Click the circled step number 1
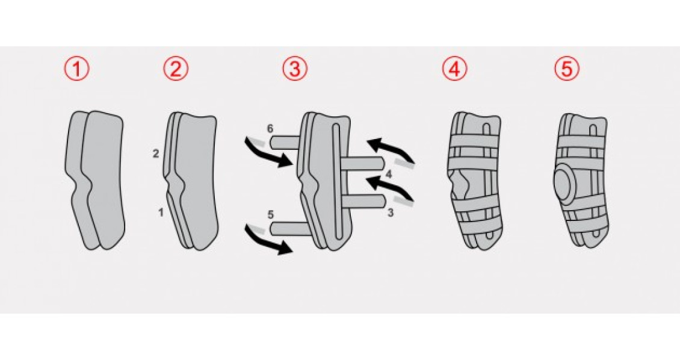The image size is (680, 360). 77,69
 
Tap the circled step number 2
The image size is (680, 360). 176,69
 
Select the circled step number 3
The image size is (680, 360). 295,69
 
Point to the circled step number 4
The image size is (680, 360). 455,69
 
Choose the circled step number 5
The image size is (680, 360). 567,69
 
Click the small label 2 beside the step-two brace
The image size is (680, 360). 156,154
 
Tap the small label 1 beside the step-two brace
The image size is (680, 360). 161,213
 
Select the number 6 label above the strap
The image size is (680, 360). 270,129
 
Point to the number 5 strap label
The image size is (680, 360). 271,215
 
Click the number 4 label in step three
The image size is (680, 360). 389,175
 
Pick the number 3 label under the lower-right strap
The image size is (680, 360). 391,213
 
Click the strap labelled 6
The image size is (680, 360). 285,141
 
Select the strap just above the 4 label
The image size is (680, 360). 363,164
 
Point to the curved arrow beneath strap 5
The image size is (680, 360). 265,240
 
